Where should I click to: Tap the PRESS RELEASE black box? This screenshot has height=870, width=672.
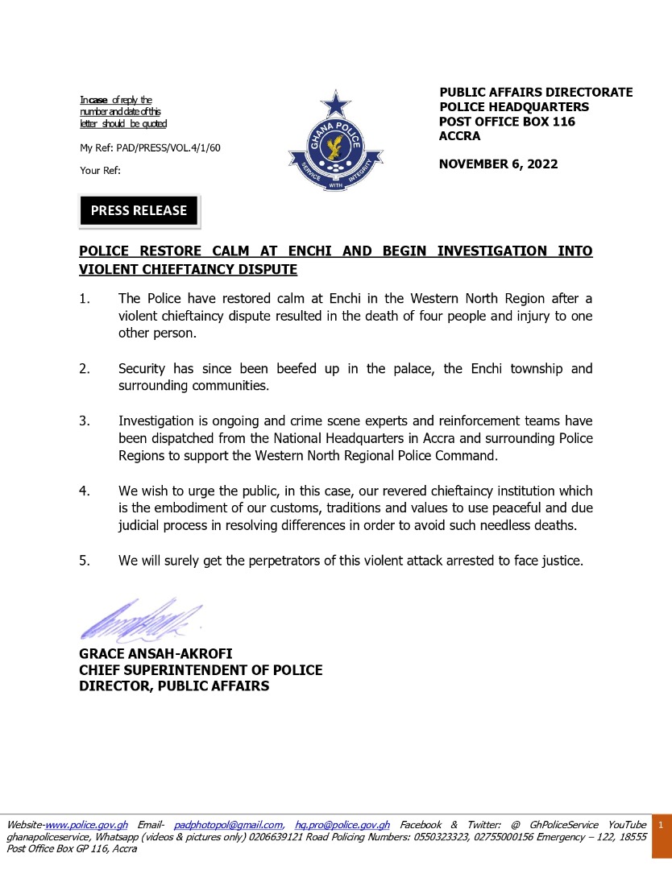tap(139, 211)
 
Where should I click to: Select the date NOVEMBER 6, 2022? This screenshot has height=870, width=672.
tap(498, 164)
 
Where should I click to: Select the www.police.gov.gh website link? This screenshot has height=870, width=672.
tap(87, 825)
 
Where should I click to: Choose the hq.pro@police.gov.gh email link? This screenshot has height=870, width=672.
tap(342, 825)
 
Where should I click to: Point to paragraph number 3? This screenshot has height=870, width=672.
tap(84, 420)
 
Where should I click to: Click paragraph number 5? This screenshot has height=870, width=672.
tap(84, 560)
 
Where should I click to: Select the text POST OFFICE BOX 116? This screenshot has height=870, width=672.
tap(507, 122)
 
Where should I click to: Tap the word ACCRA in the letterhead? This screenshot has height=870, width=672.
tap(460, 136)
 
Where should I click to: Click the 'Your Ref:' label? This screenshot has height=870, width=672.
tap(100, 170)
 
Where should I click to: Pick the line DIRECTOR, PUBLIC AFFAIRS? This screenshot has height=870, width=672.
tap(174, 686)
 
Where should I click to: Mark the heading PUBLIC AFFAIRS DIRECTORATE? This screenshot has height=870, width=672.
tap(536, 93)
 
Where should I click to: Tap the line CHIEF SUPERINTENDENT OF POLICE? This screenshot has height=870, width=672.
tap(201, 670)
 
